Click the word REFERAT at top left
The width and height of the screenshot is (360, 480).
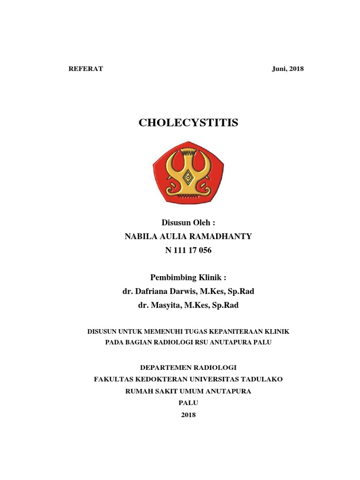(x=86, y=69)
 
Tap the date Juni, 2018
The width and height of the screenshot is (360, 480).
(x=288, y=69)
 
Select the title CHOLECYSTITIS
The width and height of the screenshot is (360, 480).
(x=188, y=123)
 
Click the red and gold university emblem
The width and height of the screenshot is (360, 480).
(x=188, y=173)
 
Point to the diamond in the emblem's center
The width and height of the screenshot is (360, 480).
(x=188, y=177)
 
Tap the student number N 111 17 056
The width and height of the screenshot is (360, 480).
(x=188, y=250)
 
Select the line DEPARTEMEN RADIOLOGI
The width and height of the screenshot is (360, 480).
(x=188, y=368)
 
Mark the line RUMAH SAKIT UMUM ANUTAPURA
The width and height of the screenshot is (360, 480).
(x=188, y=391)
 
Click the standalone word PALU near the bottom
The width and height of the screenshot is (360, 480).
(x=188, y=403)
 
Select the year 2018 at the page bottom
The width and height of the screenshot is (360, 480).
(x=188, y=415)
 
